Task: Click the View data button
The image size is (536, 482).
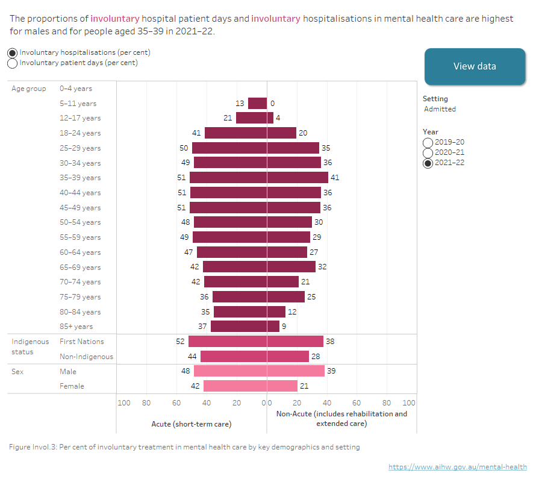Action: (x=475, y=66)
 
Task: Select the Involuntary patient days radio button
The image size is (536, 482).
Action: (x=13, y=63)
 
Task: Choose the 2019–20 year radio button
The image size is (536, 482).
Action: (x=428, y=142)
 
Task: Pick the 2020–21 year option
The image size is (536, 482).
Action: (x=428, y=152)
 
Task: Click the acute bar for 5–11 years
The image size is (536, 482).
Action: (x=257, y=103)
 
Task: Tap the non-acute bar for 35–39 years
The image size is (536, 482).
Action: (x=298, y=178)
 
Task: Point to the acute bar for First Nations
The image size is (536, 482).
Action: (x=228, y=342)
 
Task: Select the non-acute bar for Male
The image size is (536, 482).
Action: (x=296, y=371)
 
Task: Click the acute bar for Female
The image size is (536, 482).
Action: (x=235, y=386)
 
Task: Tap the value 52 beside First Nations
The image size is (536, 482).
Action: (x=180, y=342)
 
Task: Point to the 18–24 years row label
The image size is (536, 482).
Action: (x=80, y=133)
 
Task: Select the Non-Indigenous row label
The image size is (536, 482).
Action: (x=86, y=357)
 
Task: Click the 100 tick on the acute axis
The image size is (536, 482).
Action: (x=124, y=402)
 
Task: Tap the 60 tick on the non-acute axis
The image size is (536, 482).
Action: (x=357, y=402)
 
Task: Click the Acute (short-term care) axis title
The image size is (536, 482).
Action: (x=191, y=424)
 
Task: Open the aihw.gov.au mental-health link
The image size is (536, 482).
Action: (x=458, y=467)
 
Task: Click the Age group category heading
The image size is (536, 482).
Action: (x=28, y=89)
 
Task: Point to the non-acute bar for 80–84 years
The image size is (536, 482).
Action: (x=276, y=311)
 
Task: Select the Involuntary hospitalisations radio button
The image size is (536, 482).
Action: (x=13, y=52)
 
